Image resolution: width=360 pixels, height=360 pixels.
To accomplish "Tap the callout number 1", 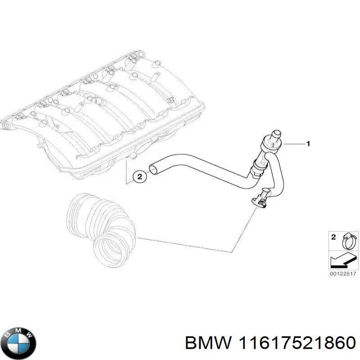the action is [x=308, y=144].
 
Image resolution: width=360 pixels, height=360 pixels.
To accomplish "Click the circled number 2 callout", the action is [x=140, y=176].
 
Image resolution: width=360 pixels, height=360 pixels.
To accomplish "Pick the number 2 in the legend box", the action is [x=333, y=237].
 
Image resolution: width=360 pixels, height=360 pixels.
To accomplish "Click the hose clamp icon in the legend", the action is [x=349, y=241].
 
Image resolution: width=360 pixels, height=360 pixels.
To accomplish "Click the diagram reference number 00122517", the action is [x=343, y=274].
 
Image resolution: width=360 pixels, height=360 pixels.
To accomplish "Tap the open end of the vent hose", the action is [x=153, y=169].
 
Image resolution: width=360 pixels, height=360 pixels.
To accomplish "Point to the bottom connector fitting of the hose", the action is [x=261, y=200].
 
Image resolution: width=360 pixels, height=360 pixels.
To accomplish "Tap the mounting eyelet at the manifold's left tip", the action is [x=7, y=125].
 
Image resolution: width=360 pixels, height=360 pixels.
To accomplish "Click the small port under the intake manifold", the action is [x=133, y=157].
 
